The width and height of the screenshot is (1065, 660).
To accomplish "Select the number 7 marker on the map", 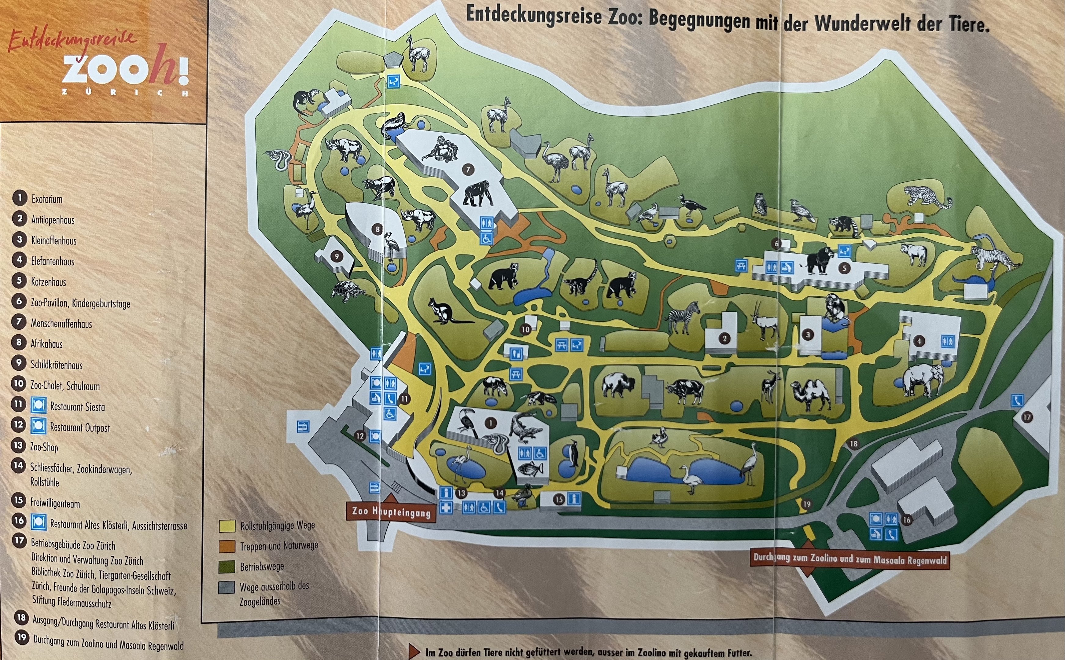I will [x=469, y=169].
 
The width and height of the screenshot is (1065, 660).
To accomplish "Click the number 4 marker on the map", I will [x=919, y=341].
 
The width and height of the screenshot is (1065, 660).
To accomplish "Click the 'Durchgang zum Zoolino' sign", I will [x=850, y=559].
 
